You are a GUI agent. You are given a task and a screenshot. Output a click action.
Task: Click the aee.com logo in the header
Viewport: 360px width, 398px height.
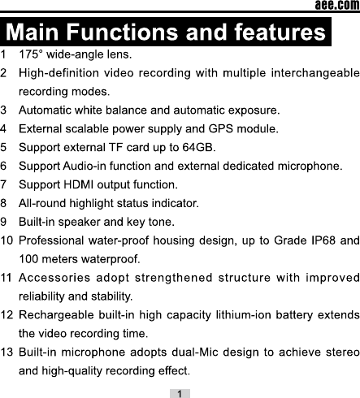pos(337,5)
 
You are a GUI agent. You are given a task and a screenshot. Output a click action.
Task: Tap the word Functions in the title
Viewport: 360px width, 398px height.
pos(122,32)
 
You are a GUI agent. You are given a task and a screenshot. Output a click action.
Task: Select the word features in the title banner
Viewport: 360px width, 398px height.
pos(280,32)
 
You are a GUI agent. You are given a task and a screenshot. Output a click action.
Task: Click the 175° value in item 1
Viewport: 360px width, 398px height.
pos(31,54)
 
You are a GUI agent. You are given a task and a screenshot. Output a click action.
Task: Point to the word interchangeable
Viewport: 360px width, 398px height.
pos(315,73)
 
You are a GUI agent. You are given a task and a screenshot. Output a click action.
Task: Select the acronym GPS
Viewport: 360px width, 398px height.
pos(221,129)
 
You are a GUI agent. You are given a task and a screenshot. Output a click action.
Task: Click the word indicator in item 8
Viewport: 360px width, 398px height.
pos(176,203)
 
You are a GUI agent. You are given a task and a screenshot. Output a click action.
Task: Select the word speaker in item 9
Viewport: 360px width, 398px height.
pos(80,223)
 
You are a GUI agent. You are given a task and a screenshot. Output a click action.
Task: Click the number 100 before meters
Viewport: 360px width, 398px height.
pos(28,259)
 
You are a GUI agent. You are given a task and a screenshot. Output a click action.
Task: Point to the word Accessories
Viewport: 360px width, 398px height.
pos(54,278)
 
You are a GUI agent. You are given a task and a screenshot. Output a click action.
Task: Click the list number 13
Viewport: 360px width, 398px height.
pos(7,353)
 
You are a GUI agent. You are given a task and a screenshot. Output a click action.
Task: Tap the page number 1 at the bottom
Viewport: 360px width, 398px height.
pos(180,394)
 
